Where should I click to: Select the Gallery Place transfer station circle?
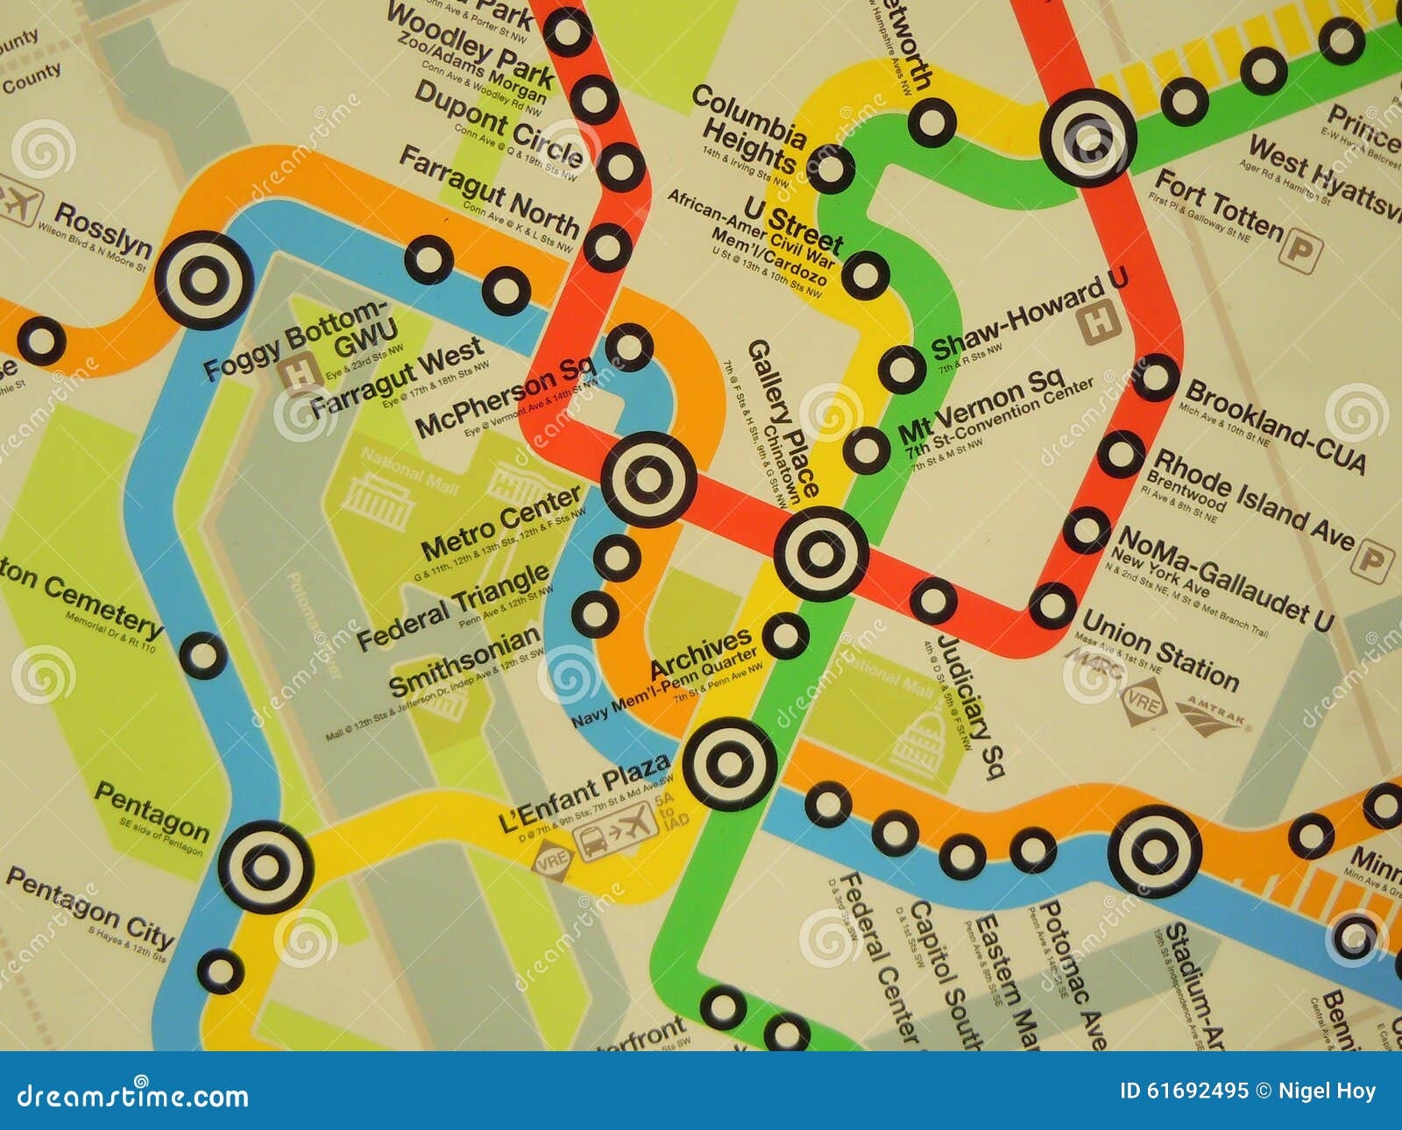pyautogui.click(x=821, y=553)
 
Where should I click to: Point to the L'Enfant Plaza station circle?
pyautogui.click(x=729, y=764)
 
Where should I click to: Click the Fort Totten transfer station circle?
pyautogui.click(x=1088, y=137)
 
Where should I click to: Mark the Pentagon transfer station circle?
pyautogui.click(x=265, y=866)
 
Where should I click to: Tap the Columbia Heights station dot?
pyautogui.click(x=831, y=167)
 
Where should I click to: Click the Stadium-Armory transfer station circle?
pyautogui.click(x=1154, y=851)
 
